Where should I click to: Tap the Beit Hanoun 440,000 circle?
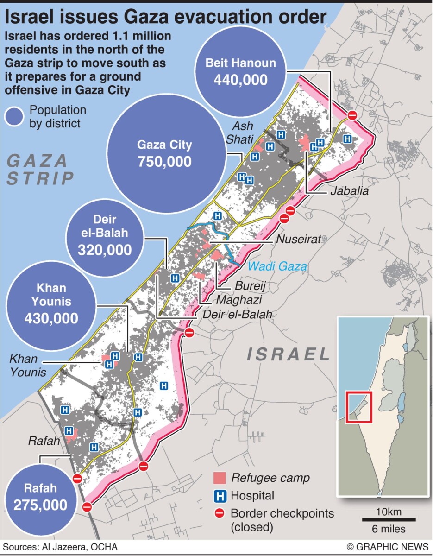click(x=240, y=72)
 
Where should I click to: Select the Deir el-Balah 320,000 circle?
click(x=105, y=236)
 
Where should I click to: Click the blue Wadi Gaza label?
click(x=277, y=266)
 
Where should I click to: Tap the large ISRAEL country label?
click(x=288, y=354)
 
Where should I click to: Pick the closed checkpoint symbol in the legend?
click(x=220, y=513)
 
